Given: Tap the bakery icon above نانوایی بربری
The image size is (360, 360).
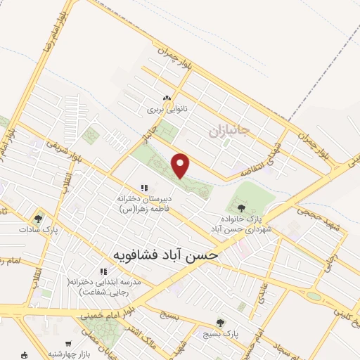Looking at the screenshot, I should click(x=167, y=99).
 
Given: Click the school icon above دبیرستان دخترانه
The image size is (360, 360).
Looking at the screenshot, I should click(x=144, y=188).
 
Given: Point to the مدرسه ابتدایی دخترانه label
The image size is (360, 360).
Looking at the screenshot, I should click(x=100, y=285).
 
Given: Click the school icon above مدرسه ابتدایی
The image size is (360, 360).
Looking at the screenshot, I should click(x=103, y=271).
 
